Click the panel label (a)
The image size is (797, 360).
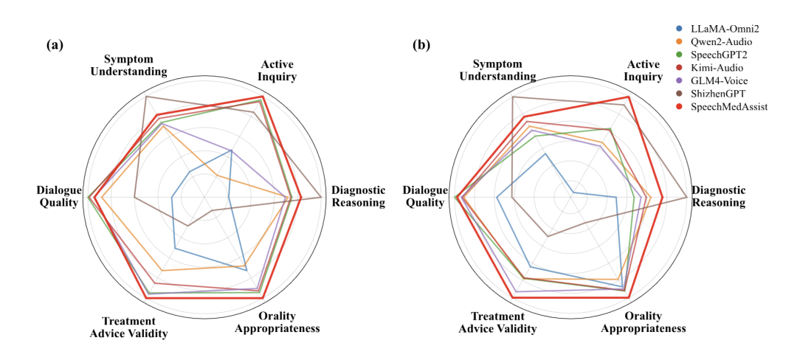tap(55, 45)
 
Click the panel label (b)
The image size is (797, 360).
tap(421, 45)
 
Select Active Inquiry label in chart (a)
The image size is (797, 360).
tap(279, 70)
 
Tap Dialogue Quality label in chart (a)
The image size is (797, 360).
tap(57, 196)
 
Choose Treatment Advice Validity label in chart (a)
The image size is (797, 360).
tap(129, 328)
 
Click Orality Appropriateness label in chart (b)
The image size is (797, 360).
tap(644, 322)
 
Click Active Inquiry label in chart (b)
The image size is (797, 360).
tap(645, 70)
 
